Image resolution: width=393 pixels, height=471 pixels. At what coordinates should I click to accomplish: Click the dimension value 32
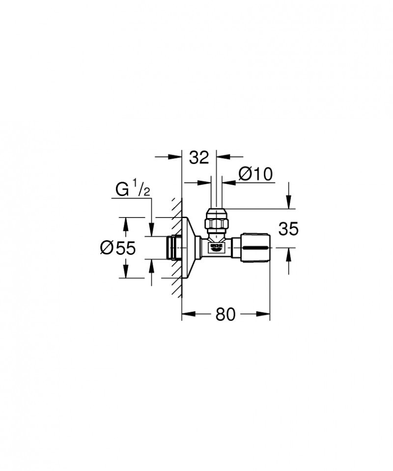(x=199, y=158)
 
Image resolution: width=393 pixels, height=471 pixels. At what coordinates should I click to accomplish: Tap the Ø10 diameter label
(x=255, y=174)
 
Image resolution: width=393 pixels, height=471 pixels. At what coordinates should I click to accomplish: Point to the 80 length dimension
(x=225, y=314)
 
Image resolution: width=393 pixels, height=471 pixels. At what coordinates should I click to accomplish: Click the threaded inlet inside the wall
(x=171, y=248)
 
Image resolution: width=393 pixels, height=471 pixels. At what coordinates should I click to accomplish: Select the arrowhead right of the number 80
(x=264, y=314)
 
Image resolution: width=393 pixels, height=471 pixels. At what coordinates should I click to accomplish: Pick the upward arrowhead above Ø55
(x=126, y=224)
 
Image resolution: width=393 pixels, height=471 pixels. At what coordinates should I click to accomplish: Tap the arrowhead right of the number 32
(x=223, y=157)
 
